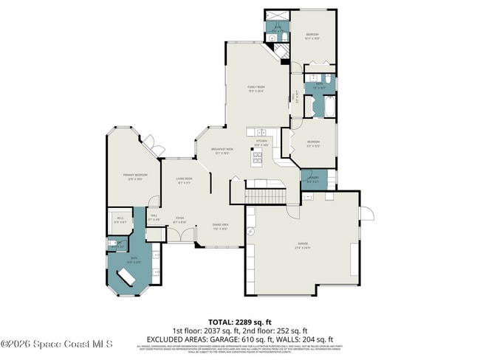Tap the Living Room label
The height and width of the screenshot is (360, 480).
pyautogui.click(x=184, y=179)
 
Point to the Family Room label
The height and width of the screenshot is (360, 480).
pyautogui.click(x=256, y=88)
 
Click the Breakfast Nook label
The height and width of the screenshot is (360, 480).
pyautogui.click(x=222, y=150)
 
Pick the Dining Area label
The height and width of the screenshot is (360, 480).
pyautogui.click(x=220, y=226)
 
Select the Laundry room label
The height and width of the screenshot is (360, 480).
pyautogui.click(x=313, y=178)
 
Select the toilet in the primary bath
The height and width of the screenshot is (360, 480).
pyautogui.click(x=112, y=244)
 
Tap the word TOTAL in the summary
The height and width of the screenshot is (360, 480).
pyautogui.click(x=220, y=322)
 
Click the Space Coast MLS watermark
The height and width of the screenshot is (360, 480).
pyautogui.click(x=57, y=344)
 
